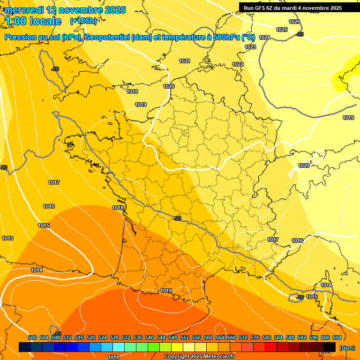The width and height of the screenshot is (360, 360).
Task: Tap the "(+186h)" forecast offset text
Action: point(83,21)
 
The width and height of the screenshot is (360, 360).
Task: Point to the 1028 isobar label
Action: point(294,22)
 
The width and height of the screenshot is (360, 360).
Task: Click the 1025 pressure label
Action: point(282,30)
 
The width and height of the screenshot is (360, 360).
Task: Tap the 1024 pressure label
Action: point(264,37)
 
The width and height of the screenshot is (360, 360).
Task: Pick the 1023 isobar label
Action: point(250,47)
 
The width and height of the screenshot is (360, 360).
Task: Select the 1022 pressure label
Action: point(238,64)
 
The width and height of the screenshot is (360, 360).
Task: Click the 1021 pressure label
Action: point(185,61)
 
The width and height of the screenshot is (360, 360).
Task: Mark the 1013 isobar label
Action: point(7,239)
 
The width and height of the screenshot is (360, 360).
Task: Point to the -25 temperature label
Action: point(300,34)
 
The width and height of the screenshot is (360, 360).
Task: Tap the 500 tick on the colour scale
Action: point(32,337)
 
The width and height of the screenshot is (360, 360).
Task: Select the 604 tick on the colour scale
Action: point(337,337)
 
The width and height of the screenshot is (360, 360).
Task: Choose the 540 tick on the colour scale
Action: point(150,337)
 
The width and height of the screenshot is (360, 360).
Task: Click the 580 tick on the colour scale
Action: point(267,337)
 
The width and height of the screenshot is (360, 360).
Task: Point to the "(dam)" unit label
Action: point(347,348)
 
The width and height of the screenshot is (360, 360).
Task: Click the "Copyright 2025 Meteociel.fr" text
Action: point(199,357)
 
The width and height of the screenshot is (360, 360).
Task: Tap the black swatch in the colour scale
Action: point(330,347)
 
